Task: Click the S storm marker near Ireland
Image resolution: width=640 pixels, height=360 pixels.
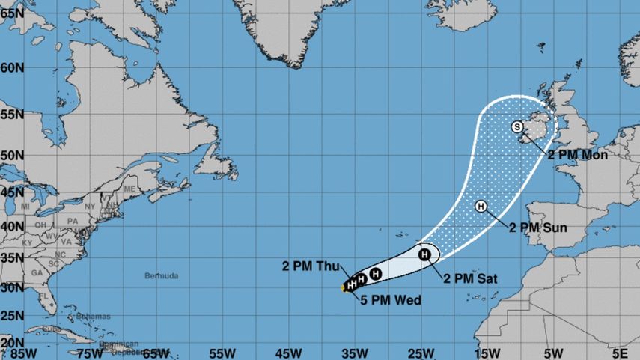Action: (517, 127)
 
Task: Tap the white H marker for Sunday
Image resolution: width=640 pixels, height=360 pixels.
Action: (481, 206)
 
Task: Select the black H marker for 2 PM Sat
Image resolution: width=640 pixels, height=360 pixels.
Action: (424, 255)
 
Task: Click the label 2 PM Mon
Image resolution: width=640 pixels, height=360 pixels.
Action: (577, 155)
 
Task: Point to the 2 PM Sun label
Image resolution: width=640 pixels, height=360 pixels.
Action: (537, 228)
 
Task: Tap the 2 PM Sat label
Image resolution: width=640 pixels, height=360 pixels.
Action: (470, 279)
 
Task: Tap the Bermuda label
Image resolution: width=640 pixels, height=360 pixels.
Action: (161, 276)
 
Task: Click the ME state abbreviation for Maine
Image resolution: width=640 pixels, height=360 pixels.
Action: (129, 189)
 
